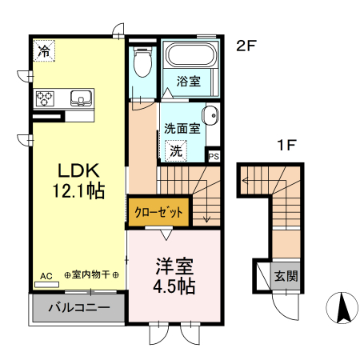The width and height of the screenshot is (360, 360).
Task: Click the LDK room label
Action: click(x=77, y=170)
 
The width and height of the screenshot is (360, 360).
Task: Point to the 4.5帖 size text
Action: click(x=174, y=284)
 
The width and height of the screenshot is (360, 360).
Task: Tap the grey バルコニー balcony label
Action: click(x=78, y=307)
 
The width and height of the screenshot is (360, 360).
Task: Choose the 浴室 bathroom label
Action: click(x=188, y=81)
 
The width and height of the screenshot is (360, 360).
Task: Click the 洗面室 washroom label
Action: click(x=180, y=127)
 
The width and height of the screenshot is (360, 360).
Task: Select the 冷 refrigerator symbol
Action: click(x=45, y=50)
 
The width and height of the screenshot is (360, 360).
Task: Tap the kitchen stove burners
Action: click(x=46, y=98)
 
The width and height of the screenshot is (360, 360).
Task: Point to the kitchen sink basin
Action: click(x=82, y=98)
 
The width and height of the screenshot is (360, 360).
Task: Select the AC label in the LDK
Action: click(x=46, y=275)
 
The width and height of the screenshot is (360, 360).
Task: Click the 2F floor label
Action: click(x=246, y=46)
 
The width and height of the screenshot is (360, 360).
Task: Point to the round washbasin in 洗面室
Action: click(x=211, y=115)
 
